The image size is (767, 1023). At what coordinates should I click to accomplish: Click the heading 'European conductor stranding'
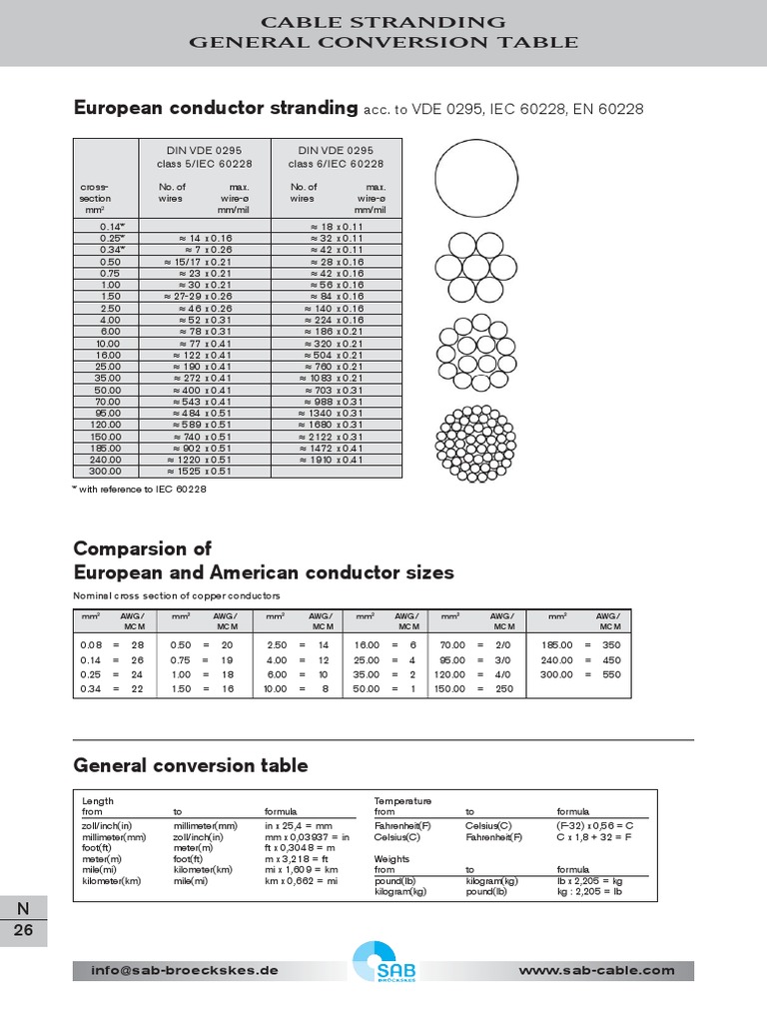[216, 108]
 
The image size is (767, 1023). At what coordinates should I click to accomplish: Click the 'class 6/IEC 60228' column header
[336, 163]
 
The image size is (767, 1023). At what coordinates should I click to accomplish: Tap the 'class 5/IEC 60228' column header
[204, 163]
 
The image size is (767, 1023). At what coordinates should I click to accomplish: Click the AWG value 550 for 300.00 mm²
[610, 674]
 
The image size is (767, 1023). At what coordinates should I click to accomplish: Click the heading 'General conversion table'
[191, 765]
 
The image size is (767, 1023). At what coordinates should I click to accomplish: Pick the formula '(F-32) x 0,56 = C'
[595, 826]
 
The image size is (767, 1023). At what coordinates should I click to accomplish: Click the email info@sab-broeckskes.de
[185, 970]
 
